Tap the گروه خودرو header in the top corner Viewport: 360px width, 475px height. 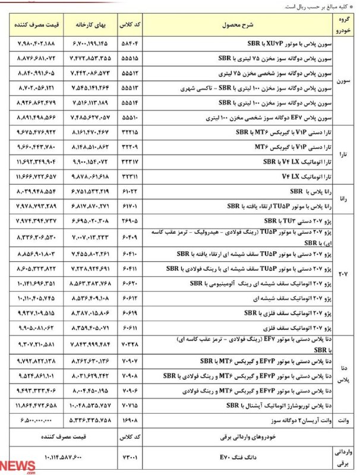pos(343,26)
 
